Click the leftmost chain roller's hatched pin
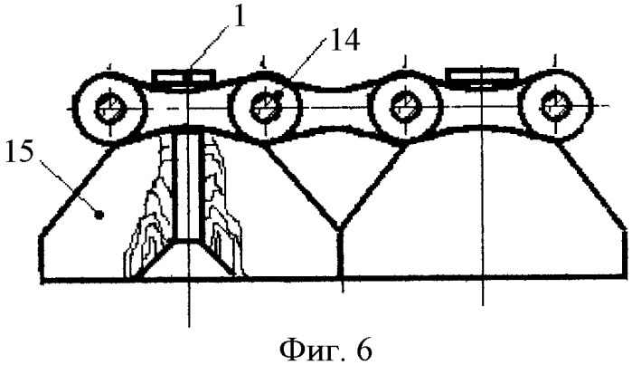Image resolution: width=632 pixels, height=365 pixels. click(x=108, y=110)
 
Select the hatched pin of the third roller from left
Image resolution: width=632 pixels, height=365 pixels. click(x=405, y=107)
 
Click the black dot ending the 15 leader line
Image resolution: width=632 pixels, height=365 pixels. click(x=100, y=216)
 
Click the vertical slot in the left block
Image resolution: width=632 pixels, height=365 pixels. click(x=187, y=187)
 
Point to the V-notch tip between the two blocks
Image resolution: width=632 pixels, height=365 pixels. click(x=341, y=230)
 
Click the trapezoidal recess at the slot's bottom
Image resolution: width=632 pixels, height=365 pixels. click(x=187, y=258)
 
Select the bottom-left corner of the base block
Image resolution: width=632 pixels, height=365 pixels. click(x=42, y=280)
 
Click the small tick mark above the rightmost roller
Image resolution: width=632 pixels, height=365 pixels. click(x=556, y=61)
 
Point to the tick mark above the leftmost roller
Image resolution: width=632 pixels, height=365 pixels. click(x=108, y=64)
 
